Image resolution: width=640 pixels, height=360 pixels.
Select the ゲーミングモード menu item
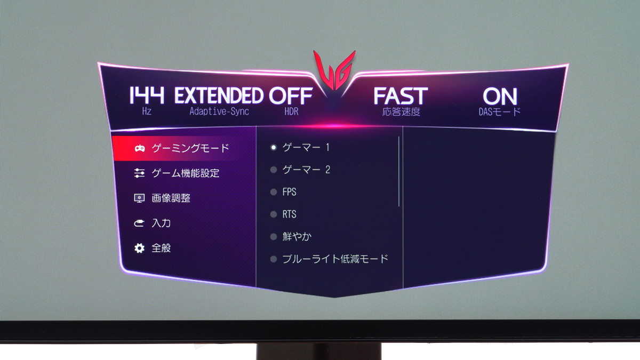(190, 148)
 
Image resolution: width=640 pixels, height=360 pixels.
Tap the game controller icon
(139, 149)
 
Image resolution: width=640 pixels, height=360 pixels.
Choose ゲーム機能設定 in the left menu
(186, 173)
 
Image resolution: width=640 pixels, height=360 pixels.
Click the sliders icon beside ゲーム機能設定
(139, 173)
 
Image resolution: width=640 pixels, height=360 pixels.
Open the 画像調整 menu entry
(171, 198)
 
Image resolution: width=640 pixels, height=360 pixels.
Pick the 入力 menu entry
(161, 223)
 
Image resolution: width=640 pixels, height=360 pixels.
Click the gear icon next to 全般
(139, 248)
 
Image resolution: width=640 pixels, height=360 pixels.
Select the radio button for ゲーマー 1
(274, 147)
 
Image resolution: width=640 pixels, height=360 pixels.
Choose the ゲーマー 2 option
(306, 170)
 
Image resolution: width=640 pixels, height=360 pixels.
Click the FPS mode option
(290, 191)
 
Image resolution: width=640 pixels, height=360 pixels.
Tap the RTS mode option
(290, 214)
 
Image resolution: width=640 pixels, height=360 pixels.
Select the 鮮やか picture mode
(297, 236)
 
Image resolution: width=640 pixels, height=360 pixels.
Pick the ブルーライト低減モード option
(335, 259)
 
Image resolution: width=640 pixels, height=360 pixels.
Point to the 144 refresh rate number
(147, 95)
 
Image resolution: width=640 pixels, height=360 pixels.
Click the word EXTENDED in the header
(219, 95)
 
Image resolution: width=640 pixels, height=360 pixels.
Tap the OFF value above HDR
(291, 95)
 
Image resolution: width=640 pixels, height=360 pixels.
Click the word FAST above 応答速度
(401, 96)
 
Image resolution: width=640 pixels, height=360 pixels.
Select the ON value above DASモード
(500, 97)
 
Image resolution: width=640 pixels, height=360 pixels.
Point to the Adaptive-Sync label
(219, 111)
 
